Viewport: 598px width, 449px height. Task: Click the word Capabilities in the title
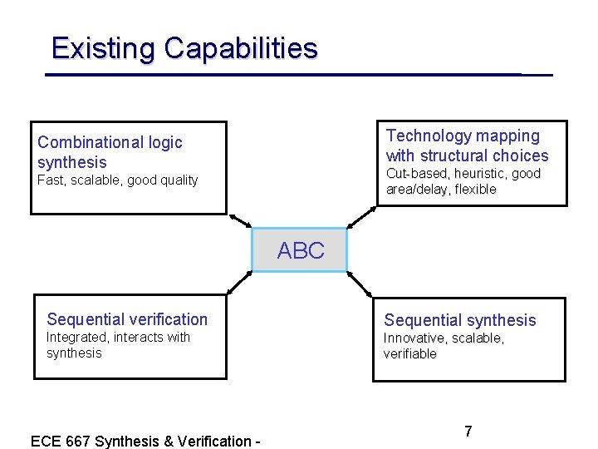241,47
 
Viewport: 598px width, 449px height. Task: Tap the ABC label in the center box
301,250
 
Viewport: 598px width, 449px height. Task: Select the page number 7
468,432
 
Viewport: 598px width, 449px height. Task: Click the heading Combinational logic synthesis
110,152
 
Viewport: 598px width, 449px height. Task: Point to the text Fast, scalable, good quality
118,180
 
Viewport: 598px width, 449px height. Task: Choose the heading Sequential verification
127,319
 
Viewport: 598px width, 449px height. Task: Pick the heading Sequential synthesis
460,320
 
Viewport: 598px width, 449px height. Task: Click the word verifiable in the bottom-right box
409,354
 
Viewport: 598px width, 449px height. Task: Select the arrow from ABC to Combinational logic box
240,220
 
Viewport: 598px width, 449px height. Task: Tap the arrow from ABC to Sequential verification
240,283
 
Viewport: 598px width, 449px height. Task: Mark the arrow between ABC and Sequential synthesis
360,284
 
